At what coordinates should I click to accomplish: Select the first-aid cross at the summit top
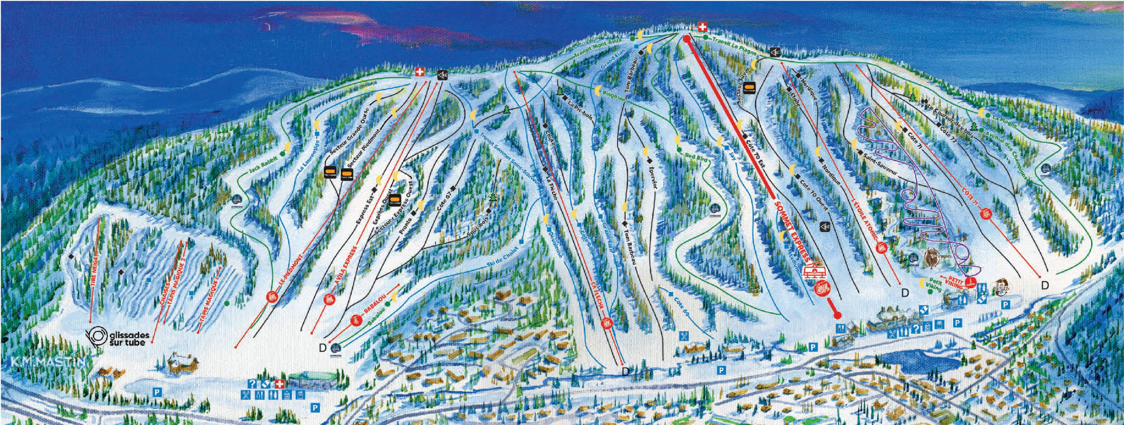point(702,27)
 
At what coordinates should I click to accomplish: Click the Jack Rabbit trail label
point(260,171)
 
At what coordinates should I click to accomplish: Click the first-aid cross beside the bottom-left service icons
point(280,384)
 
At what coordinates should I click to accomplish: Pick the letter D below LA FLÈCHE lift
point(625,371)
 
